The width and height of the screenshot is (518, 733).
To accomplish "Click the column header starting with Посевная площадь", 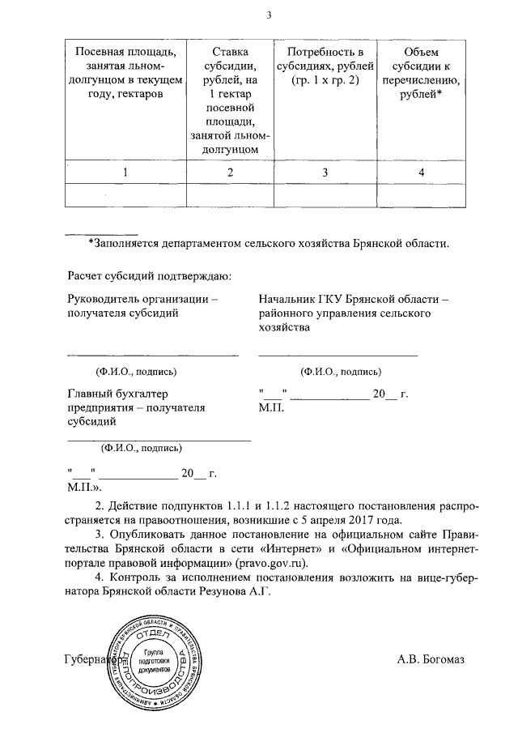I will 125,74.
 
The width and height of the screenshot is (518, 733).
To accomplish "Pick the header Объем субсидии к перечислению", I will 421,74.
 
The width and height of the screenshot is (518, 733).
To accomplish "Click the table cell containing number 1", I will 125,172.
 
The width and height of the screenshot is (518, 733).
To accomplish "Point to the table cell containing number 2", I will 230,172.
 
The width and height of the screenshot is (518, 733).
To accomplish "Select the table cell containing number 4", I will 421,172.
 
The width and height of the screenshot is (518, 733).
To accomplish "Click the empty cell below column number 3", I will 325,195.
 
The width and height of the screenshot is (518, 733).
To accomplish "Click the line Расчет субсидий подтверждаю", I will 150,275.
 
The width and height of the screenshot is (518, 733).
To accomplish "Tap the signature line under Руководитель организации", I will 152,354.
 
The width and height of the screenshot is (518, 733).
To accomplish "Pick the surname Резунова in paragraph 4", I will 223,593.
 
